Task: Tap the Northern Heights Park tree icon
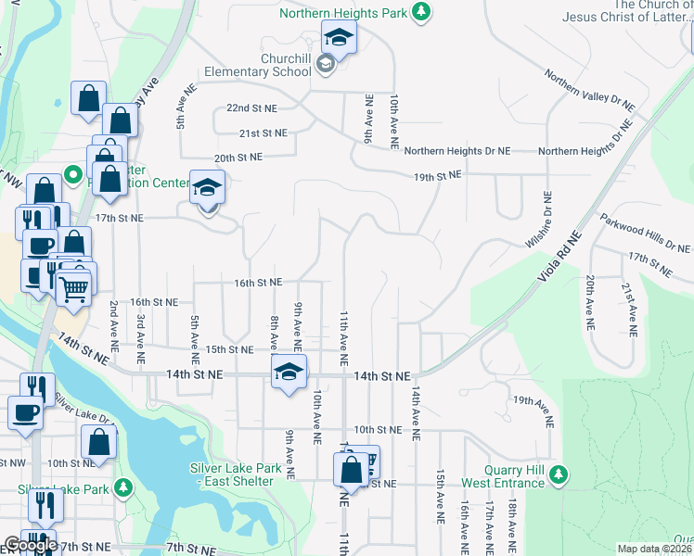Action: pos(421,11)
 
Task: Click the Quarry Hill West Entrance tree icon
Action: pos(557,475)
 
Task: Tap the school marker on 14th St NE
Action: pos(289,373)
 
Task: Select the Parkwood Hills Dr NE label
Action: pos(645,234)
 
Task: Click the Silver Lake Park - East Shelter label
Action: pos(236,474)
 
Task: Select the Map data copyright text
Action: pos(655,549)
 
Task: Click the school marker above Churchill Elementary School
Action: pos(339,38)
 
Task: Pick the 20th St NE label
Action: pos(238,158)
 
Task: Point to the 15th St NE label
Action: pos(229,349)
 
